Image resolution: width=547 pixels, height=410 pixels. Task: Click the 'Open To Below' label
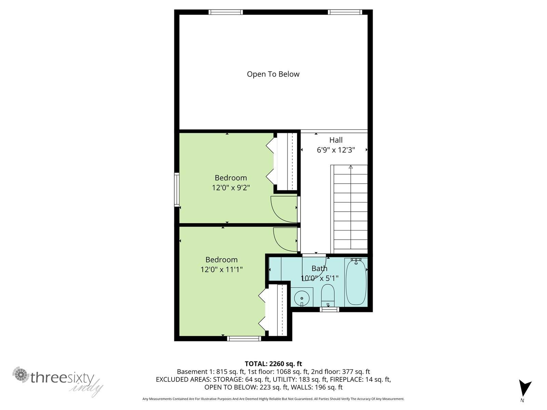(x=273, y=74)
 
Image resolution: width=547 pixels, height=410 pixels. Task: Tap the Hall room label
(x=336, y=140)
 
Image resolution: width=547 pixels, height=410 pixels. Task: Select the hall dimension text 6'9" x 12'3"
(x=336, y=150)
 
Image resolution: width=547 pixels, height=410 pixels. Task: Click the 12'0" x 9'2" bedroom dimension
(x=231, y=188)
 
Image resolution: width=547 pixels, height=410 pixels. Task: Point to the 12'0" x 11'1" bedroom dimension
(x=222, y=269)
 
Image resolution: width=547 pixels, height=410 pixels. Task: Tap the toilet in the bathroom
(x=328, y=295)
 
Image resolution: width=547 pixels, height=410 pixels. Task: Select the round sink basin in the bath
(x=302, y=298)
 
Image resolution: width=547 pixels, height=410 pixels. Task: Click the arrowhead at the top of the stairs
(x=351, y=167)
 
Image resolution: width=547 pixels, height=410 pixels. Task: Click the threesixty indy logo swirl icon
(x=21, y=374)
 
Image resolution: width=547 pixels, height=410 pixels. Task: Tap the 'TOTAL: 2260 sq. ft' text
(x=273, y=364)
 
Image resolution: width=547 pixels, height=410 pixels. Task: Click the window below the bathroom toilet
(x=330, y=310)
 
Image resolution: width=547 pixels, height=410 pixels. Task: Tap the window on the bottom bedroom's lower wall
(x=244, y=339)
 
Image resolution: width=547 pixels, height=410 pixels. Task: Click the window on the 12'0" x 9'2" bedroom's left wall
(x=177, y=190)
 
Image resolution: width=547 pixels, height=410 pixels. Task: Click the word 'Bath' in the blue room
(x=319, y=268)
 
